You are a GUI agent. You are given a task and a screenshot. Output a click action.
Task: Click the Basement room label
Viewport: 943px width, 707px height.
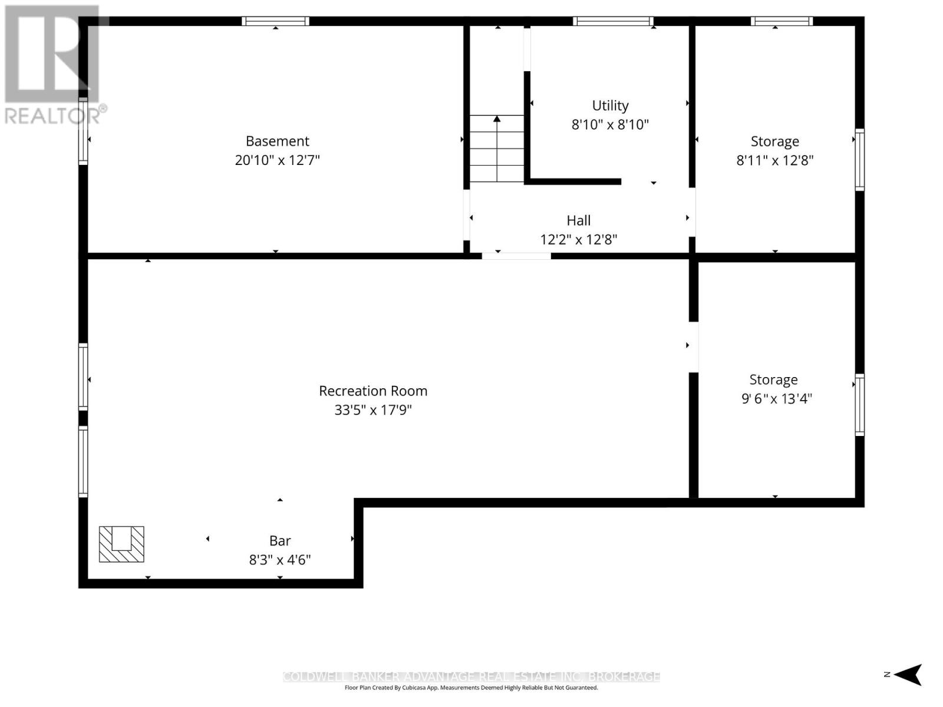point(277,141)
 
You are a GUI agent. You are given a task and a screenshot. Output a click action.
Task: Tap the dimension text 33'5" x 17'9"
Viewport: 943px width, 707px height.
point(373,409)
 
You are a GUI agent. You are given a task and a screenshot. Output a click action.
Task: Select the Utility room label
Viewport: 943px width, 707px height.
point(610,105)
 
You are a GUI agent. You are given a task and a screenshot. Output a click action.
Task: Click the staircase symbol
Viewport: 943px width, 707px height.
point(497,148)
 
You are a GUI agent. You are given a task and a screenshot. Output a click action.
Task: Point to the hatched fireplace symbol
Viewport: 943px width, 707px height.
point(121,544)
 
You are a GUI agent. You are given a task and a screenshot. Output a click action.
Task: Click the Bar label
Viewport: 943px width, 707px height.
point(280,540)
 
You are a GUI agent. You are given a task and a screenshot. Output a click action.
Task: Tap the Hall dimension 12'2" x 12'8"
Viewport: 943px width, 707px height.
point(579,239)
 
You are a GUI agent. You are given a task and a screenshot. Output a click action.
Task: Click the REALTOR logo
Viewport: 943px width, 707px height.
point(53,65)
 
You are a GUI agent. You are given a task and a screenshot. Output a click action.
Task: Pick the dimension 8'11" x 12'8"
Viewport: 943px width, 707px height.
point(774,160)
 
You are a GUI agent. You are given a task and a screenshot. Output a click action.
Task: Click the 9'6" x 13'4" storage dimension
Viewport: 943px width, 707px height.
point(776,398)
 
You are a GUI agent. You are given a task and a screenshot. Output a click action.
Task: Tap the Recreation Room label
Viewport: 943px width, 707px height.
point(373,391)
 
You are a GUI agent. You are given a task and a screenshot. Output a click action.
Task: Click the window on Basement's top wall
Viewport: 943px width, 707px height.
point(275,21)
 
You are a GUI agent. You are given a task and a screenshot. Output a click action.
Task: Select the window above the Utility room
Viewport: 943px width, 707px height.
point(613,21)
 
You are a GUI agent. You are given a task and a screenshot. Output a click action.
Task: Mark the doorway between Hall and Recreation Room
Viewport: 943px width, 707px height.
point(516,256)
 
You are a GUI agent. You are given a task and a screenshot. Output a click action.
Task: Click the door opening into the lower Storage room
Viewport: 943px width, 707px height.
point(694,346)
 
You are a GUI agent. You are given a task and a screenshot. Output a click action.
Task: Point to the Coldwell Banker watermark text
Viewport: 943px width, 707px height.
point(471,676)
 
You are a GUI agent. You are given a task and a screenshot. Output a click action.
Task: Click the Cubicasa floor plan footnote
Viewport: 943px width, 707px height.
point(471,688)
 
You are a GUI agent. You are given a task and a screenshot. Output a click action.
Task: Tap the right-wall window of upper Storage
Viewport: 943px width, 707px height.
point(859,160)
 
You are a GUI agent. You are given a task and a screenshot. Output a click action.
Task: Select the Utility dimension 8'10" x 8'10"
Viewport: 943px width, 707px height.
point(610,124)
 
